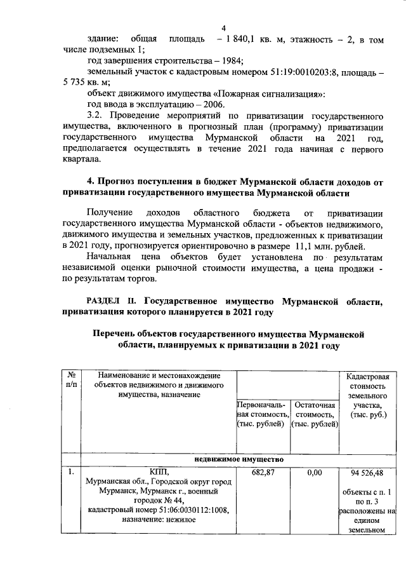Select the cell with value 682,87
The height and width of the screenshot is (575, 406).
point(261,473)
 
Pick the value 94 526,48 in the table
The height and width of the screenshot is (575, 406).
point(364,473)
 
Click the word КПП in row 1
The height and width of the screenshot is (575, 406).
point(156,472)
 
